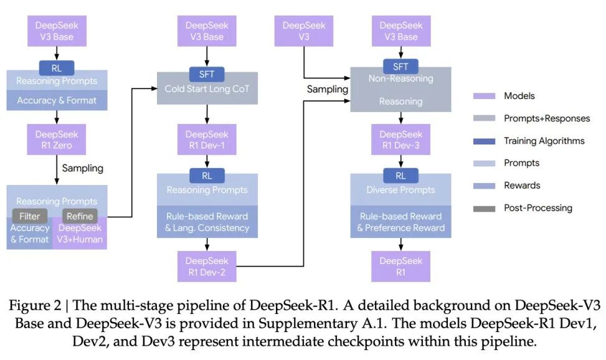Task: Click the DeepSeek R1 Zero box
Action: point(57,140)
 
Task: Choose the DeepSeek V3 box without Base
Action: point(303,31)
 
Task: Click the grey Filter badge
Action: point(30,216)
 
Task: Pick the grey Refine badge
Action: point(80,216)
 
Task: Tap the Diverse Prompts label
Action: point(401,190)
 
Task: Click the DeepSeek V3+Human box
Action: point(80,234)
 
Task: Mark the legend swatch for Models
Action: point(483,96)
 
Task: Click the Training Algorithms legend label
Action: point(544,141)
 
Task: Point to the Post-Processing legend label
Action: point(537,207)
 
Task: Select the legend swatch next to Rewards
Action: point(483,185)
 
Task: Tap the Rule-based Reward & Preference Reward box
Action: point(401,222)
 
